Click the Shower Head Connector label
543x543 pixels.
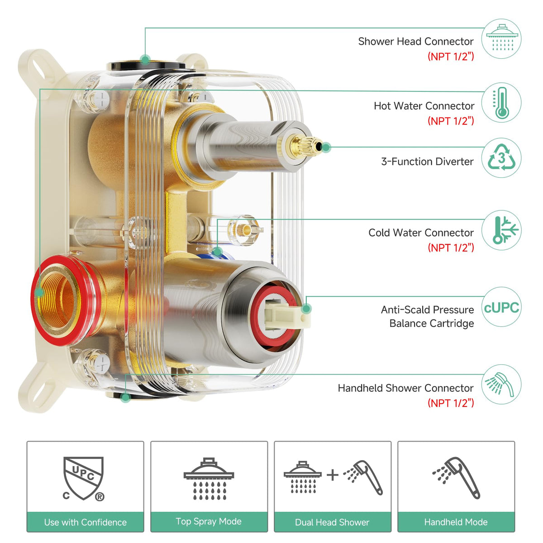tap(416, 42)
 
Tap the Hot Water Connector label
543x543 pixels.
tap(424, 106)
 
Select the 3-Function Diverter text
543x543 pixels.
tap(427, 162)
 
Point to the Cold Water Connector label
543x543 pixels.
tap(421, 233)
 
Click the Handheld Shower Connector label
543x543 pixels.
tap(405, 388)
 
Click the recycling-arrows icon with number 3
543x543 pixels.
tap(501, 157)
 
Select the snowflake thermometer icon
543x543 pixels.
tap(505, 230)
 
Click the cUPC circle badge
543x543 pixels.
tap(501, 307)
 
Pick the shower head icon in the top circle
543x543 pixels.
tap(502, 38)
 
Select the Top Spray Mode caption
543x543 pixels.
tap(209, 521)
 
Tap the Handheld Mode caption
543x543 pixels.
tap(456, 522)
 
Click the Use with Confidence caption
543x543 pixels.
tap(86, 522)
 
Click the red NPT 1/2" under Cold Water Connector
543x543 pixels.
tap(451, 248)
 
